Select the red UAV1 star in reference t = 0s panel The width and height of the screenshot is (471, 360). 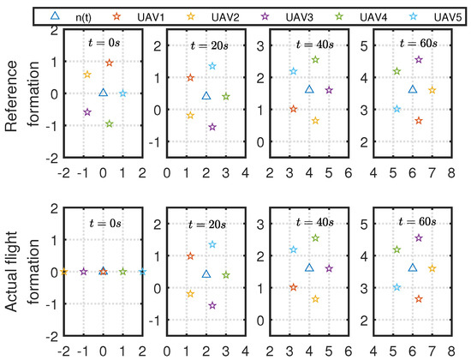click(109, 63)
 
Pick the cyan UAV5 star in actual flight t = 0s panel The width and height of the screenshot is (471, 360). click(142, 272)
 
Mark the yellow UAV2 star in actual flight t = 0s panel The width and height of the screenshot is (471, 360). click(63, 272)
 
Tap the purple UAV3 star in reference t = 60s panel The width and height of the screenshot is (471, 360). click(419, 60)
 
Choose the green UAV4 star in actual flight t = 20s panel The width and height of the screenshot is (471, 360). click(225, 275)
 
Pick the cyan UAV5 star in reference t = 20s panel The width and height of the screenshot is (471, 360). click(212, 66)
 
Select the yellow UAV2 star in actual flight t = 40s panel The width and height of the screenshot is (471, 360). click(315, 298)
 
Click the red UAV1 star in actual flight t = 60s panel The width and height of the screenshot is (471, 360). click(419, 298)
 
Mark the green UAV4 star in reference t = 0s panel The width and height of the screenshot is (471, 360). click(109, 124)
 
